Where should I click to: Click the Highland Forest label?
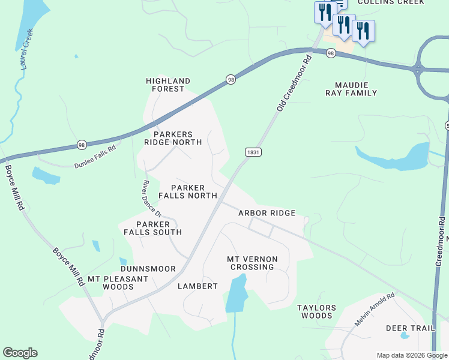(169, 85)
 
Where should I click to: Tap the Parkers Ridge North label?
(173, 138)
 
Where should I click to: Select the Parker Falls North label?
(188, 191)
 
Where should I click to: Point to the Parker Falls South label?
(152, 228)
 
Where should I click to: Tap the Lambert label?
(197, 286)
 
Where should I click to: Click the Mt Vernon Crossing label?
(252, 263)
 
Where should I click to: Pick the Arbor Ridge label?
(267, 213)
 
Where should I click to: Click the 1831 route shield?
(253, 152)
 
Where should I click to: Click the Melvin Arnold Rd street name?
(375, 309)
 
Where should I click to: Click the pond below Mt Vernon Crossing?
(237, 293)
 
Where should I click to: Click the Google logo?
(20, 353)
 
